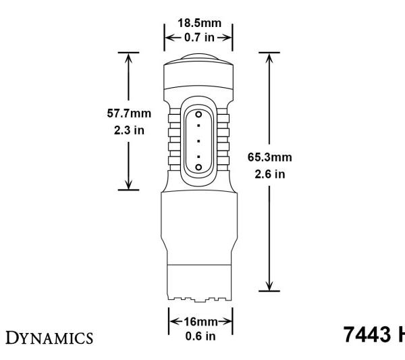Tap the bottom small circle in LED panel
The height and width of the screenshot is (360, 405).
[199, 165]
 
